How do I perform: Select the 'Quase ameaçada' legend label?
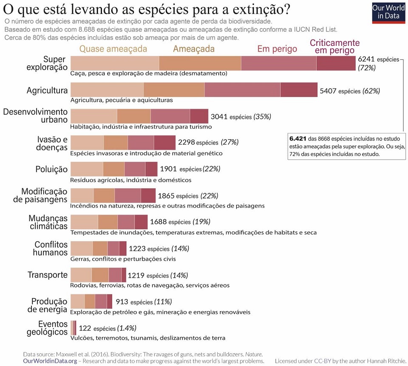(x=113, y=49)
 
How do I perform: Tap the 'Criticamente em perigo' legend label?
(x=334, y=47)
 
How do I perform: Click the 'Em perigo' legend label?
(x=277, y=49)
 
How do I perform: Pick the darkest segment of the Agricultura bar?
(x=299, y=90)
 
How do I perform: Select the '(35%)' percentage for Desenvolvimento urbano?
(x=262, y=116)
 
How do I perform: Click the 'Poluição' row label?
(x=51, y=169)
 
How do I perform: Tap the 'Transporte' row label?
(x=48, y=275)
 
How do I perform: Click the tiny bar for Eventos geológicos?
(x=74, y=328)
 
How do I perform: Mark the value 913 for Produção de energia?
(x=122, y=302)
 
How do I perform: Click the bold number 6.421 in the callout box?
(x=297, y=138)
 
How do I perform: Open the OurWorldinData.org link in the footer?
(x=50, y=361)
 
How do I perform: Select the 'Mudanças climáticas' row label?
(x=48, y=222)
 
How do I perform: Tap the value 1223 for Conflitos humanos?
(x=137, y=248)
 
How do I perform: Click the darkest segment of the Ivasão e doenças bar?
(x=164, y=143)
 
